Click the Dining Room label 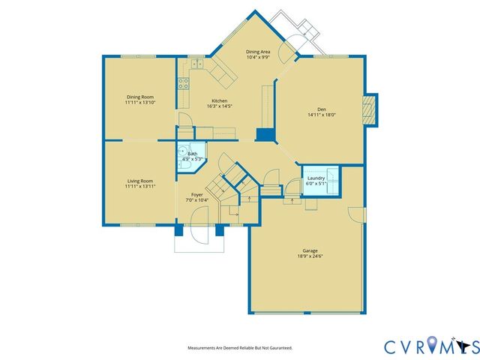(140, 96)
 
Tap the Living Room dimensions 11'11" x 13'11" (140, 186)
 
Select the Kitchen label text (219, 100)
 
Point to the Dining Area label (259, 52)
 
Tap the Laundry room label (316, 178)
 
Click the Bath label (193, 154)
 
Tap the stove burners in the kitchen (182, 84)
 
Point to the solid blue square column (263, 134)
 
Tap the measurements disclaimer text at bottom (240, 348)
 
